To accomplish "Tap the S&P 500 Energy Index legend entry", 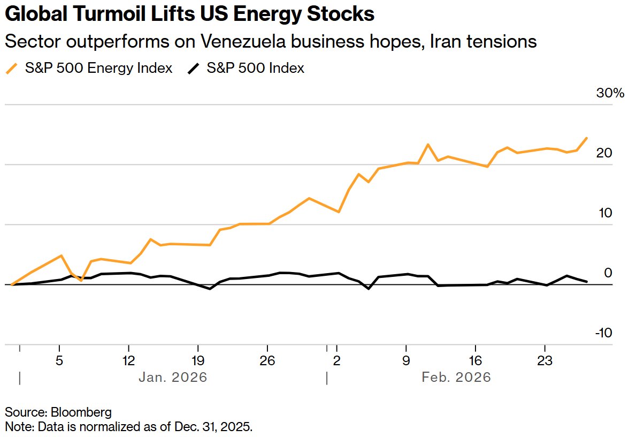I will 98,68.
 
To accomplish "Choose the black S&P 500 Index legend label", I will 255,68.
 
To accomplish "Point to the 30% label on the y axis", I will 610,93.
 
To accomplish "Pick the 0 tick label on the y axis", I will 607,273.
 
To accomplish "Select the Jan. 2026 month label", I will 173,377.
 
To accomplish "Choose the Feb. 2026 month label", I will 456,377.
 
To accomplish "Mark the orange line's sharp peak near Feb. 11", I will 428,145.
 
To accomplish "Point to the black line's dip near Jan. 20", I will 210,289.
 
